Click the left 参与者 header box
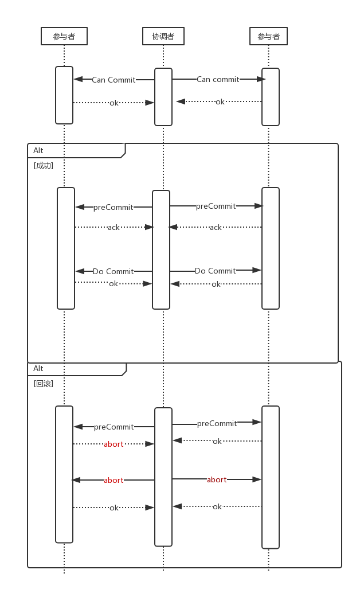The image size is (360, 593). click(64, 36)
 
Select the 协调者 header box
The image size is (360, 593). click(163, 36)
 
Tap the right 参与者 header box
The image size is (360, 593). click(269, 36)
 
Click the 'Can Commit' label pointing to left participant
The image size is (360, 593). click(114, 80)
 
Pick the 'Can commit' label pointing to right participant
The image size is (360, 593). click(218, 79)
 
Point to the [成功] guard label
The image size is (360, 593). click(44, 165)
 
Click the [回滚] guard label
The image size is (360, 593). click(44, 383)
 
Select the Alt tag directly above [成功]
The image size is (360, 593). click(38, 150)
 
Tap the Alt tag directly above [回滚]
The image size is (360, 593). click(38, 368)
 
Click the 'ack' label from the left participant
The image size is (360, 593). click(114, 227)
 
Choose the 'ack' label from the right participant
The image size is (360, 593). click(216, 227)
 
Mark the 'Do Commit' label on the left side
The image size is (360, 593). click(113, 271)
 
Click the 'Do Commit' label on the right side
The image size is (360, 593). click(215, 271)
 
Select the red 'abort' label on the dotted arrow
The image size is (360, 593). click(114, 444)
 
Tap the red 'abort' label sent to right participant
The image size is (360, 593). click(217, 479)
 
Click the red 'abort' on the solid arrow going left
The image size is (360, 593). click(114, 480)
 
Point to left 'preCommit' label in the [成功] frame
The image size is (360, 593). click(113, 207)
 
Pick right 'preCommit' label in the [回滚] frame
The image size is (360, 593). click(217, 423)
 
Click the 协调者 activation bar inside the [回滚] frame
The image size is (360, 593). click(163, 477)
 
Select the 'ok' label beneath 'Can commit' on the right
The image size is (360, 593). click(220, 102)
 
